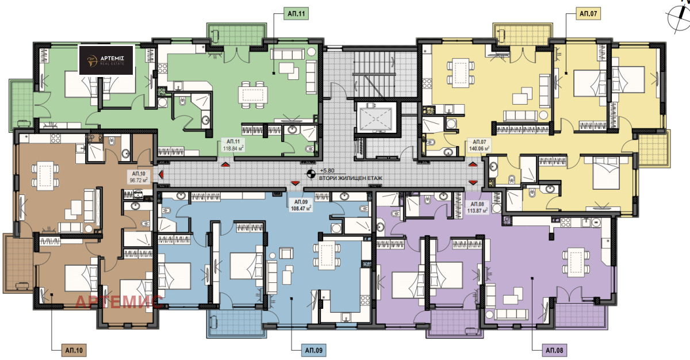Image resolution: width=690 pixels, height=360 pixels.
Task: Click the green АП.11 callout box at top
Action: (x=296, y=14)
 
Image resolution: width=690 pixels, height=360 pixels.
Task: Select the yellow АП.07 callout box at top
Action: (x=588, y=14)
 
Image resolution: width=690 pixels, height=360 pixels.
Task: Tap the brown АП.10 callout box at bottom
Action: (x=74, y=350)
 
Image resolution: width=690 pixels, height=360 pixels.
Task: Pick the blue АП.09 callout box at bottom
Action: (x=313, y=350)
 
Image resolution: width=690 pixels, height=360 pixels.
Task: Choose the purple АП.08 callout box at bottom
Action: (x=554, y=350)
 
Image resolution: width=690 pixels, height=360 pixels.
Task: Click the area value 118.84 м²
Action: (x=233, y=148)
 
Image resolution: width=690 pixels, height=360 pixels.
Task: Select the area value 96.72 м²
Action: (x=139, y=180)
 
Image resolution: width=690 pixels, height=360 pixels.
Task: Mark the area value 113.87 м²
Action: (x=477, y=210)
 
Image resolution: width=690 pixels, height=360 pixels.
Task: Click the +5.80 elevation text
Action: (x=327, y=170)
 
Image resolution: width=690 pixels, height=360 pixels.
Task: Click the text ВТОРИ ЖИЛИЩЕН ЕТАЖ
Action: (x=351, y=178)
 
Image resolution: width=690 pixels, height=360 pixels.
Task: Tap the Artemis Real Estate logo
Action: (x=106, y=60)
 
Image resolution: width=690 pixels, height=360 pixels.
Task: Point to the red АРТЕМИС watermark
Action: (x=119, y=301)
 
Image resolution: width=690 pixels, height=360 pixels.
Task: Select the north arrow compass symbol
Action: (x=678, y=17)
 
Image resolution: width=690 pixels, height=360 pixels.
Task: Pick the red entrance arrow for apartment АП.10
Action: (x=160, y=175)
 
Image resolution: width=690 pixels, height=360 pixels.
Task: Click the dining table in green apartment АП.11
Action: (x=252, y=95)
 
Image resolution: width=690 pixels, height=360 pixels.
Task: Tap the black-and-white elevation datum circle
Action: (x=311, y=174)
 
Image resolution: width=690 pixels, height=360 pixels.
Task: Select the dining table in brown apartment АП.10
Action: (x=45, y=174)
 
